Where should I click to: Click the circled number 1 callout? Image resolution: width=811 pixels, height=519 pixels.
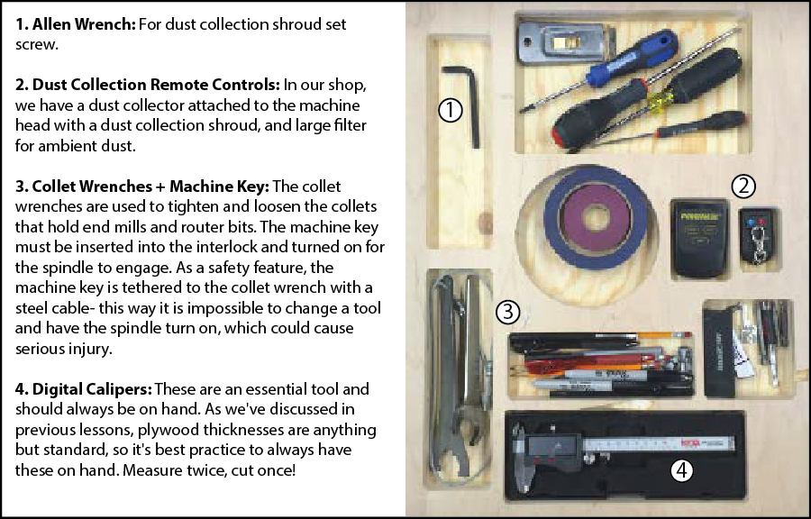click(x=450, y=110)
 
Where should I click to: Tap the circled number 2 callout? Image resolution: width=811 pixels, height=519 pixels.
click(x=743, y=187)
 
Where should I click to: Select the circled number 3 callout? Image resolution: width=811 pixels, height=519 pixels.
click(x=507, y=313)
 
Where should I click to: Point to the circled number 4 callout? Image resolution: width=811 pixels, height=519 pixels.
click(x=681, y=470)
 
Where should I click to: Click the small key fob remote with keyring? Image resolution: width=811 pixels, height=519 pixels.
click(x=758, y=236)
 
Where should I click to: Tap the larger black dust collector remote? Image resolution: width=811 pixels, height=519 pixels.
click(x=699, y=238)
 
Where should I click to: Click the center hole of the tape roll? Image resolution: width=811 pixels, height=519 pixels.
click(x=596, y=217)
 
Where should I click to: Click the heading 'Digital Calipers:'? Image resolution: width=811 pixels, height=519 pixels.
click(x=84, y=388)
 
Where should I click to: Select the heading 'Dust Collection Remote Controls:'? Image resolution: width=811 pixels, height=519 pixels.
click(x=148, y=85)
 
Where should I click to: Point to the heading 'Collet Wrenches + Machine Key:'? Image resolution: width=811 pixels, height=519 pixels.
click(x=142, y=187)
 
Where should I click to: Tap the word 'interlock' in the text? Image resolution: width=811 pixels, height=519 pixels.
click(x=220, y=247)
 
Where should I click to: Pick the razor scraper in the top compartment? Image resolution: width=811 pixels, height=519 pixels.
click(x=567, y=42)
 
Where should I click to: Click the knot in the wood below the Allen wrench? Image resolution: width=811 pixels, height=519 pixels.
click(x=485, y=223)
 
